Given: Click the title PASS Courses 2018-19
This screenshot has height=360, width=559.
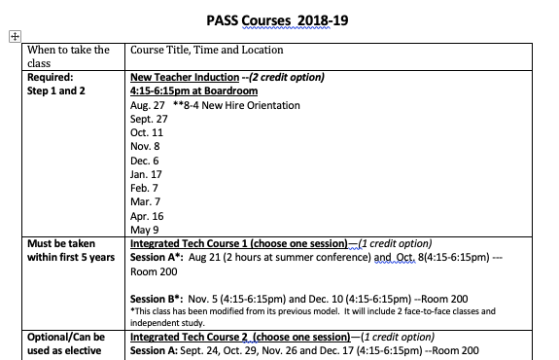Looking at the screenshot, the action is (x=279, y=18).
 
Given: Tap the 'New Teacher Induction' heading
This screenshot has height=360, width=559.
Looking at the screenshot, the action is (x=185, y=76).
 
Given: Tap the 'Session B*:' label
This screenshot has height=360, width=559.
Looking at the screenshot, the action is (x=157, y=298).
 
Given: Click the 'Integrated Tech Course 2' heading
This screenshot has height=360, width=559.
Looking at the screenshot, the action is (x=198, y=337).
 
